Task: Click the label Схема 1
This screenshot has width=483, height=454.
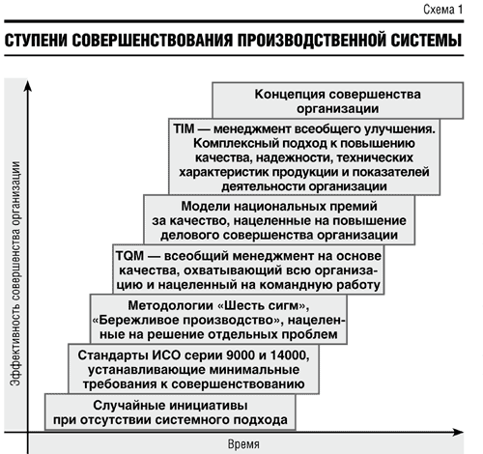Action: tap(442, 10)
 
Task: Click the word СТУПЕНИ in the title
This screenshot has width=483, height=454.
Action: tap(36, 41)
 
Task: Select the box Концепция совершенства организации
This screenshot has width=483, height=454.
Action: tap(338, 100)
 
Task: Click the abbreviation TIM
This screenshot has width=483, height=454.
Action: tap(184, 128)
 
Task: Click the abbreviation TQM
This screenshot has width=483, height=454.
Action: tap(129, 256)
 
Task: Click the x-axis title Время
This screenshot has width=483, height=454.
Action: tap(243, 444)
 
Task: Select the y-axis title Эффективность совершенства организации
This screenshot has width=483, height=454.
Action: tap(15, 273)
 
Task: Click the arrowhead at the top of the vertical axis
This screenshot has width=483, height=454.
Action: tap(28, 85)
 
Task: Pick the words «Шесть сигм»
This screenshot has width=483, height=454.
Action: tap(264, 305)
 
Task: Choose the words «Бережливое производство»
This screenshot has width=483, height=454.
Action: tap(188, 321)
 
